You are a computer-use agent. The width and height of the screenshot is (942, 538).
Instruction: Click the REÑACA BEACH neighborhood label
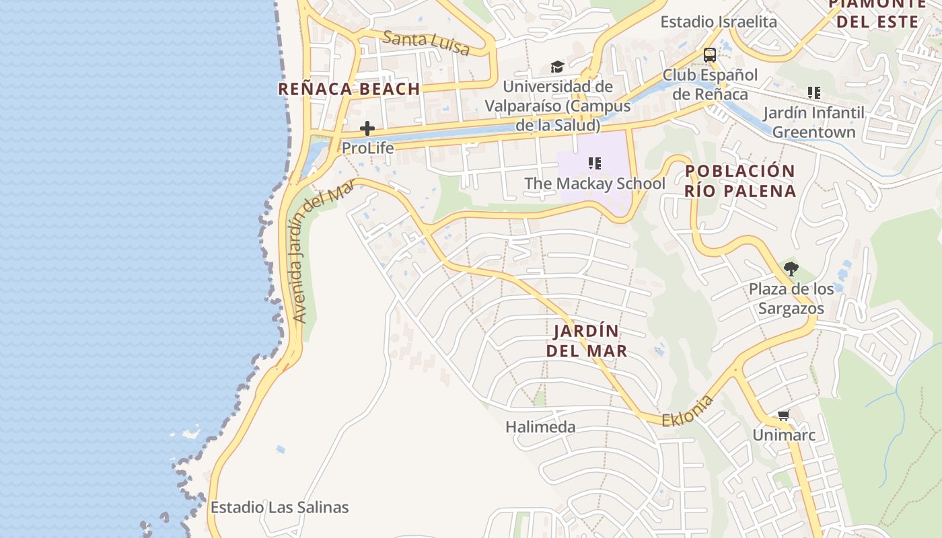[349, 89]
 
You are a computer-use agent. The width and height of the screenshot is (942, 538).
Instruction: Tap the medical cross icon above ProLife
[367, 128]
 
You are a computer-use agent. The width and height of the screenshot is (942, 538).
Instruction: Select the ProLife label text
[367, 147]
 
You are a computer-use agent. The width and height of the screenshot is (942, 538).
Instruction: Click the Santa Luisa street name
[426, 42]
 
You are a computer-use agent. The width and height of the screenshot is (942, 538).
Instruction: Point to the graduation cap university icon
[557, 67]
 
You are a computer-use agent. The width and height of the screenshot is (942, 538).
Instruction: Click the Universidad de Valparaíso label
[558, 106]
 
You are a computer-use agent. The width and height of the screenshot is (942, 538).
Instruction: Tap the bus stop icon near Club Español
[709, 54]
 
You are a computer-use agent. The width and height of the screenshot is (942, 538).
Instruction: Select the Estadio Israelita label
[719, 22]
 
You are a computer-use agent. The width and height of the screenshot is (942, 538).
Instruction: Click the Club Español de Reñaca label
[710, 84]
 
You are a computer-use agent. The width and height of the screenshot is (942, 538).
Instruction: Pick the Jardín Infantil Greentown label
[813, 122]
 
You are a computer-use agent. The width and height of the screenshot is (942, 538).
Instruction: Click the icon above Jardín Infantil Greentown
[814, 93]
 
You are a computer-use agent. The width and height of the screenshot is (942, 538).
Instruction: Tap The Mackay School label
[595, 183]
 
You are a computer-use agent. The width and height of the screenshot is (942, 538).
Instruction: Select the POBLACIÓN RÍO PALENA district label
[740, 180]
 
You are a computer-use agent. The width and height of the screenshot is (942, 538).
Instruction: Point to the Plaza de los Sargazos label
[791, 299]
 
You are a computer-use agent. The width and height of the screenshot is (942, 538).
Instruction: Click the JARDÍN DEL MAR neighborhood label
[587, 340]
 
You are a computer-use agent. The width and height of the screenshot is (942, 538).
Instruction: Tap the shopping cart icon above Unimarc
[783, 416]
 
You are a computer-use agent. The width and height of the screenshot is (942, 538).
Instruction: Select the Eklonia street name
[687, 411]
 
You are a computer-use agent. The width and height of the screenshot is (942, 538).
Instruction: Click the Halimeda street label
[540, 426]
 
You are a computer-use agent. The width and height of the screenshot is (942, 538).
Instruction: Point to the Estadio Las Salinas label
[279, 507]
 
